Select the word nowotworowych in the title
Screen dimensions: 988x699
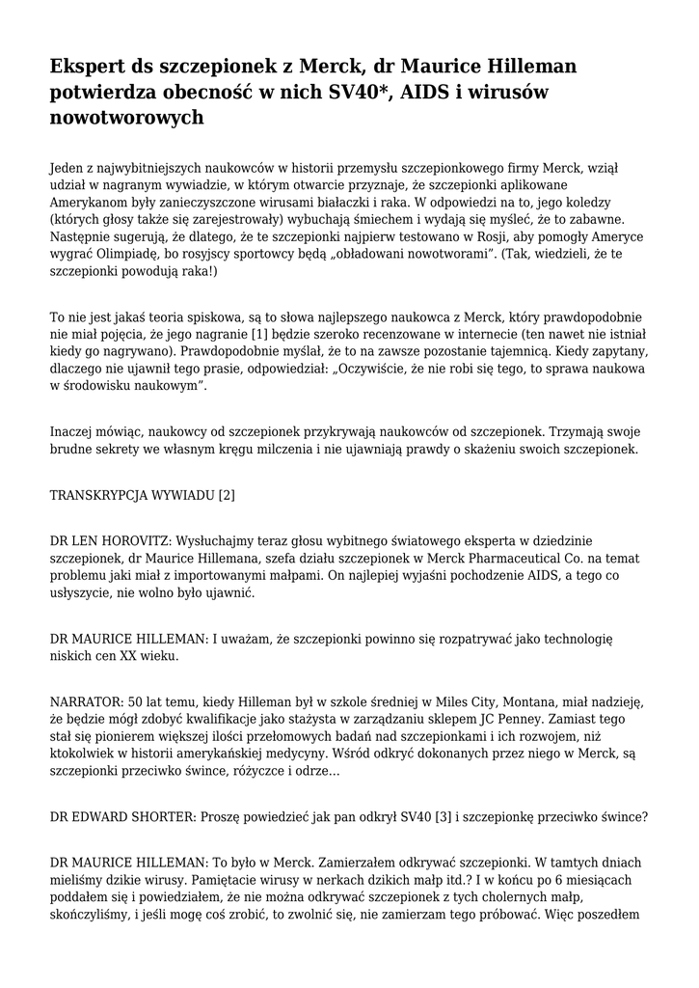pyautogui.click(x=126, y=119)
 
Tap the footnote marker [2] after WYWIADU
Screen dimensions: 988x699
pyautogui.click(x=227, y=496)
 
